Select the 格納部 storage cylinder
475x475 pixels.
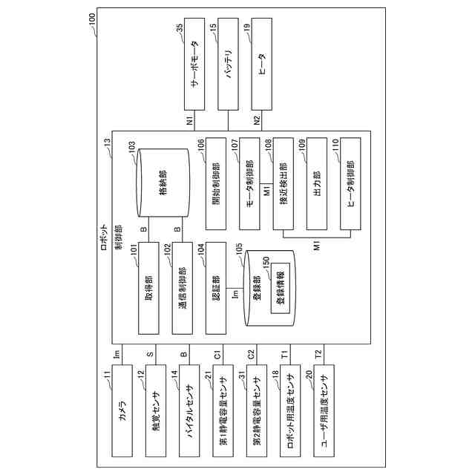pos(162,182)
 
